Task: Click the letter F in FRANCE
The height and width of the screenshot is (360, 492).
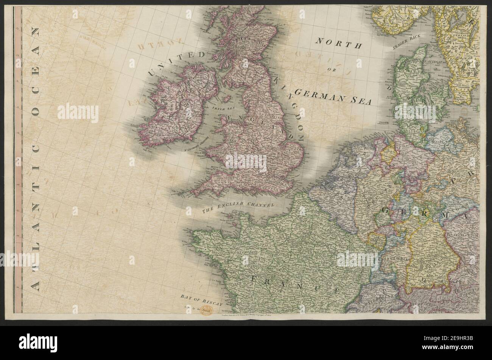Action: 254,279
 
